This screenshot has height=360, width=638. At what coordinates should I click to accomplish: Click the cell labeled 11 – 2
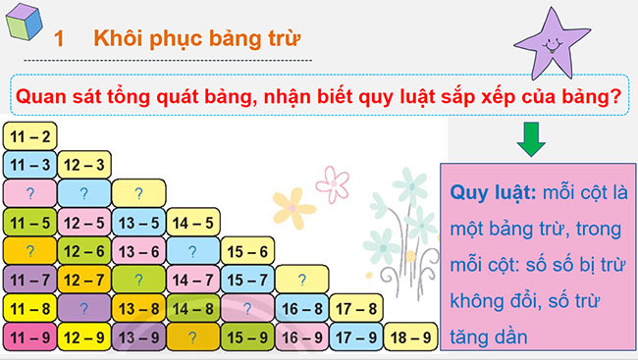29,135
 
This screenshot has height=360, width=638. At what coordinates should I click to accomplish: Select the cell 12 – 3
83,164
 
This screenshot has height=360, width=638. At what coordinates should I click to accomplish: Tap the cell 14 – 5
192,222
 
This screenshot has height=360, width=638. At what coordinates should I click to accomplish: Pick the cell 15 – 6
246,251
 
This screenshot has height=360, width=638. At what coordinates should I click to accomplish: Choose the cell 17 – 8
354,309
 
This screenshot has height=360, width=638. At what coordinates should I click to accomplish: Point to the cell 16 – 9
300,337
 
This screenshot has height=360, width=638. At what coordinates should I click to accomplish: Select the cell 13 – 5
137,222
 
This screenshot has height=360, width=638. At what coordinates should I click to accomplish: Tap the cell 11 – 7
29,281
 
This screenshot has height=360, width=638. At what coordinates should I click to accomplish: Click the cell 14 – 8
192,309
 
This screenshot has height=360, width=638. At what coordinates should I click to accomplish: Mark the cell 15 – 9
246,337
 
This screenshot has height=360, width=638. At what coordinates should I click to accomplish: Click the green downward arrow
531,139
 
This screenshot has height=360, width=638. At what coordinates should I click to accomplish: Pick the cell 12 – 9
83,337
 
